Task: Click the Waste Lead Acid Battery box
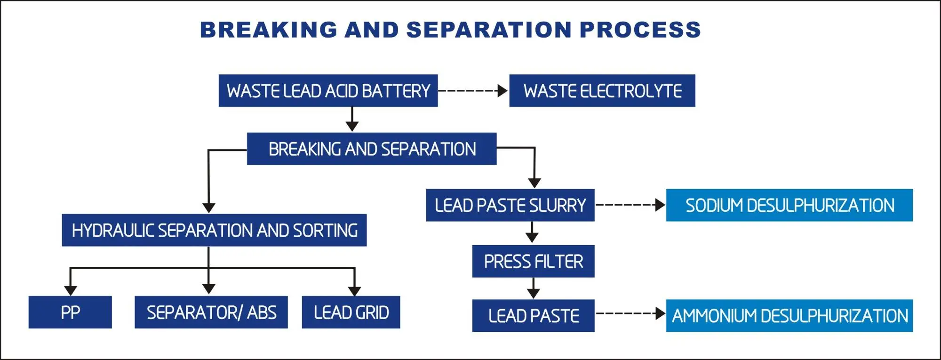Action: tap(328, 91)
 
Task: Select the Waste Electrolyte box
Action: tap(602, 91)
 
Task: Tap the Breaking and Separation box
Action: tap(372, 149)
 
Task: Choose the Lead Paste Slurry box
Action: tap(510, 205)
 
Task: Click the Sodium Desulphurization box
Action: tap(789, 205)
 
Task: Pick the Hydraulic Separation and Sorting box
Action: tap(214, 230)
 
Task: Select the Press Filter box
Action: tap(533, 261)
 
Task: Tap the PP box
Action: tap(70, 312)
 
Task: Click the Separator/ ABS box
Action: tap(211, 312)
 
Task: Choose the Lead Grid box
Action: tap(351, 312)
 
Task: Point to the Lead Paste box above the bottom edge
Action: tap(533, 315)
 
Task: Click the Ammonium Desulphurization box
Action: tap(789, 315)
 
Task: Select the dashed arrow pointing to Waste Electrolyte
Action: tap(473, 91)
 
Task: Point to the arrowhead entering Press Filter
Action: tap(532, 238)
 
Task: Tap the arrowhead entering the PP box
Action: tap(71, 290)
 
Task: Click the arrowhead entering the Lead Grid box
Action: tap(354, 290)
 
